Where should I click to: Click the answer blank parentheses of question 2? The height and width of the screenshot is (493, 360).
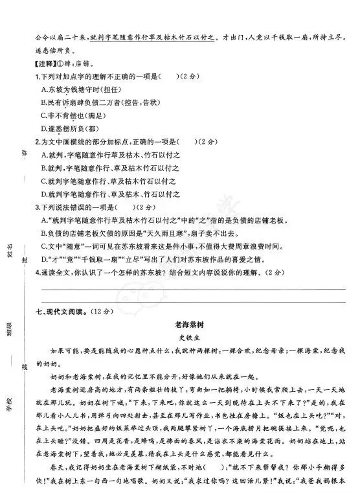pyautogui.click(x=188, y=142)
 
